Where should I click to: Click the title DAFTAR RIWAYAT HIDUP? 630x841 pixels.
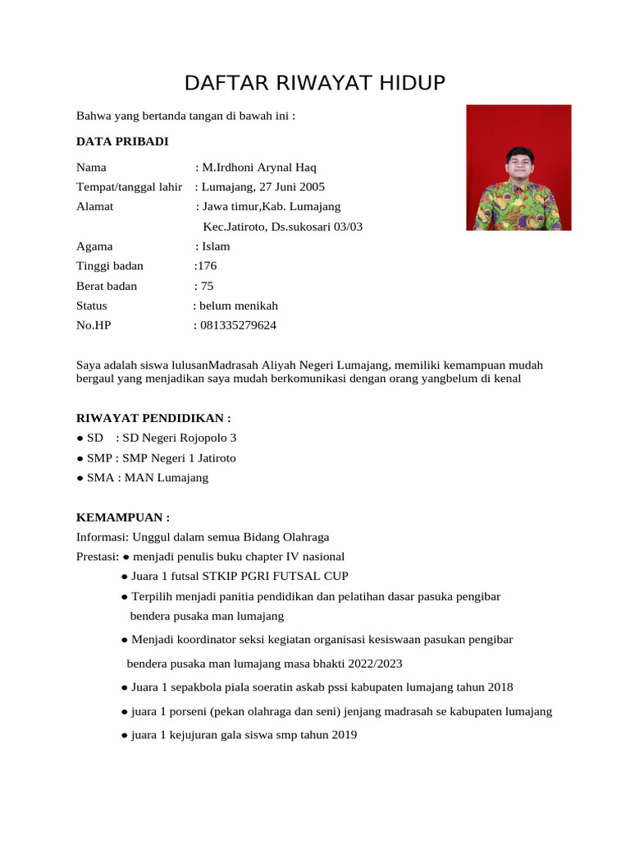click(314, 83)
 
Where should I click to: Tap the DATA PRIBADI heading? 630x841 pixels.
click(122, 141)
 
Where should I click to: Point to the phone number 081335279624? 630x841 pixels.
click(238, 325)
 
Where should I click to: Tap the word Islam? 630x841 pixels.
click(216, 246)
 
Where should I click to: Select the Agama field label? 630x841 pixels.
click(94, 246)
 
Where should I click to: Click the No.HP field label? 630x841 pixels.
click(94, 325)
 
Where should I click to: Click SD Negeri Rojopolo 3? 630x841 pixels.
click(179, 438)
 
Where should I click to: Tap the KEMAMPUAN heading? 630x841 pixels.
click(123, 517)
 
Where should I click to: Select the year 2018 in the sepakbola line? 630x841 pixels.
click(500, 687)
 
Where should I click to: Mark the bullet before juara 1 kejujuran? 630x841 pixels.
click(123, 735)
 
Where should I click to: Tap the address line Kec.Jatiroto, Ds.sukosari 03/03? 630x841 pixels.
click(282, 227)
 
